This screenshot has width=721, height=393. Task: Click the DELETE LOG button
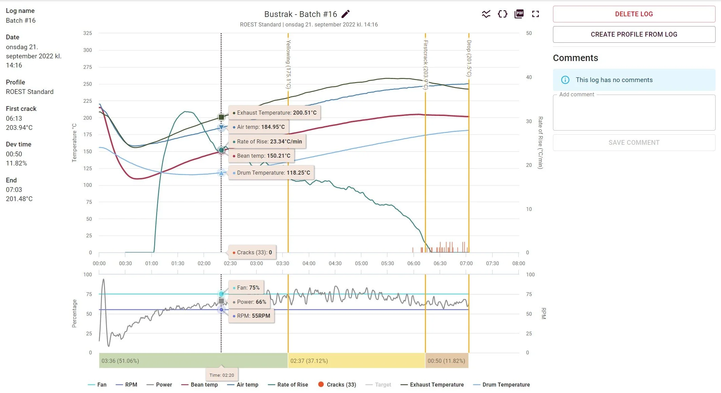(x=634, y=14)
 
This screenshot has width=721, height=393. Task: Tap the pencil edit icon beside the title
(x=345, y=14)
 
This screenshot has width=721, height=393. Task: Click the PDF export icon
(x=519, y=14)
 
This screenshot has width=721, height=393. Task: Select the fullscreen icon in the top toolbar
(x=535, y=14)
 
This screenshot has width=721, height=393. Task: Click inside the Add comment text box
(x=634, y=114)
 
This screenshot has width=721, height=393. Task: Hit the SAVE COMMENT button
(x=634, y=143)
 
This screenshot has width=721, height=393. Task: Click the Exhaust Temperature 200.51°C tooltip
(x=274, y=113)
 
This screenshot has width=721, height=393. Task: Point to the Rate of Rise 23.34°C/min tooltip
(x=267, y=142)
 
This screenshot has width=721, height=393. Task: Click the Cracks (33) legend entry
(x=337, y=385)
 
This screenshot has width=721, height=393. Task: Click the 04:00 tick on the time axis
(x=309, y=263)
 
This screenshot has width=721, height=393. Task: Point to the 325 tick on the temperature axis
(x=87, y=33)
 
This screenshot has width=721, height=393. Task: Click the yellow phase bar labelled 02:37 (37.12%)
(x=356, y=361)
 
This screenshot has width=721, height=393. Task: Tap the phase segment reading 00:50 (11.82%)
(x=446, y=361)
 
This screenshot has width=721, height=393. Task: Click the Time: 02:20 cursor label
(x=222, y=375)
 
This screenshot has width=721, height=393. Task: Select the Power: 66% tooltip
(x=249, y=302)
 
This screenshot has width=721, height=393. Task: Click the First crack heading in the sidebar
(x=21, y=109)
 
